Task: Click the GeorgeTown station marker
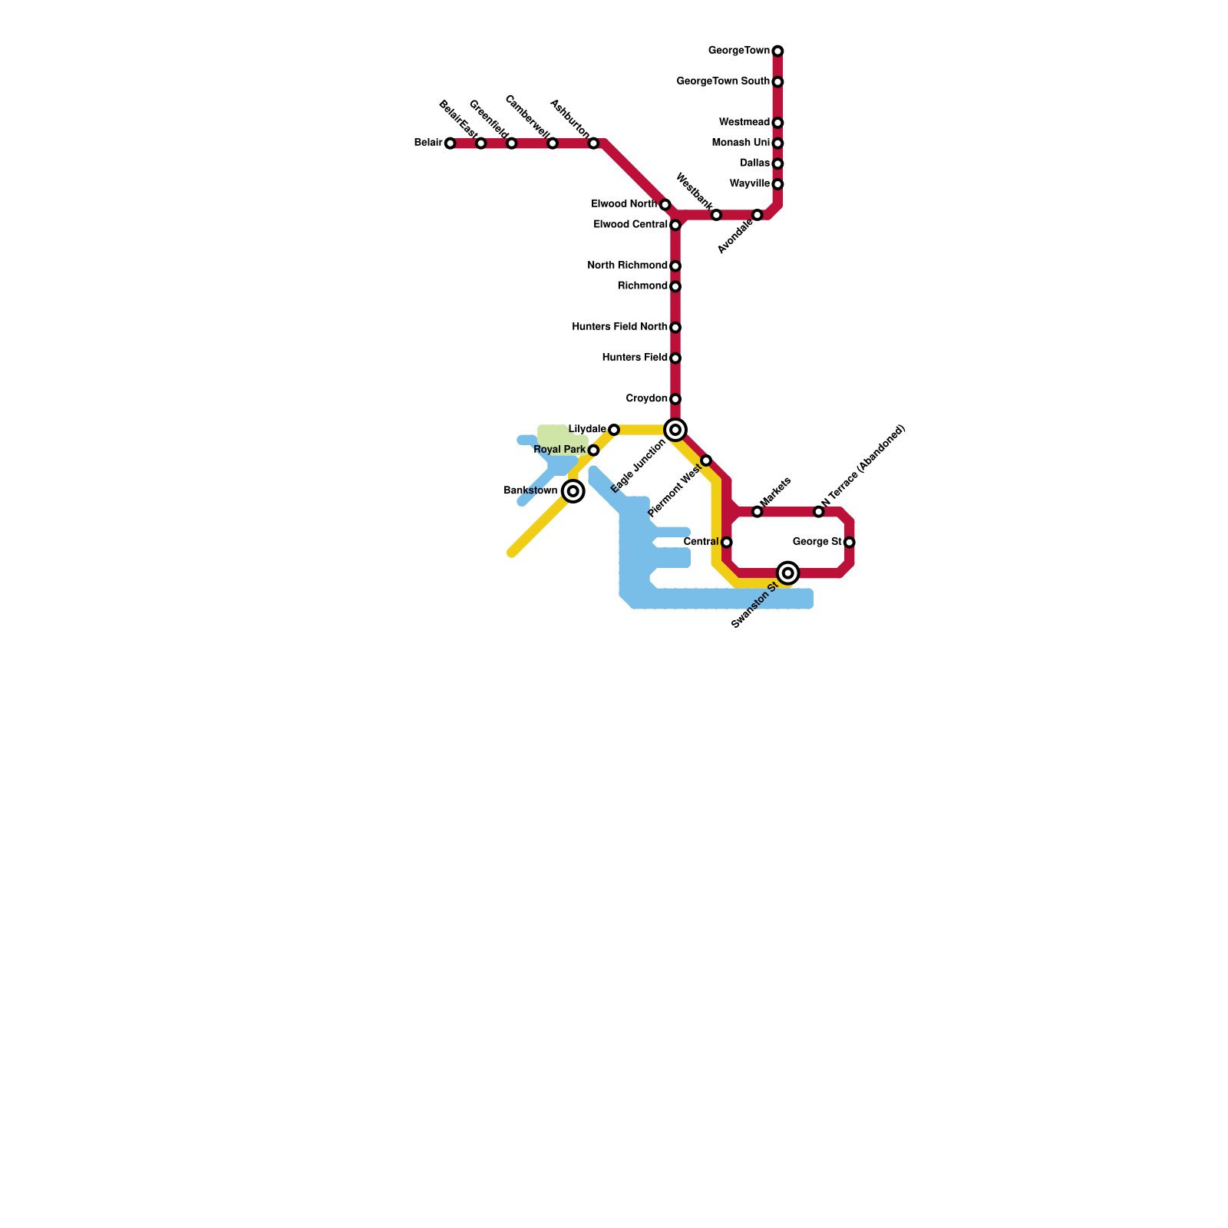(777, 51)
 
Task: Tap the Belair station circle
(451, 144)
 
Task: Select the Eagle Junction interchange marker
(675, 430)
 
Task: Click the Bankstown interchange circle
(573, 491)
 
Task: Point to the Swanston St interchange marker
(787, 573)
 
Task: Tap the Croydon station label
(646, 399)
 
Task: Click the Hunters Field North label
(619, 327)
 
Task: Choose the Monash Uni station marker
(777, 144)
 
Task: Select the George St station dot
(849, 543)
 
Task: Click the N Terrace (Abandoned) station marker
(818, 512)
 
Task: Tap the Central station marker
(726, 543)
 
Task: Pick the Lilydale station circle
(614, 430)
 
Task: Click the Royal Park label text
(560, 450)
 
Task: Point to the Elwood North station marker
(665, 205)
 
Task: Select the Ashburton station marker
(593, 144)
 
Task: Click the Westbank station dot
(716, 215)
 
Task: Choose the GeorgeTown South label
(723, 81)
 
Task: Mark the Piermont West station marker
(706, 460)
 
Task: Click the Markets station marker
(757, 512)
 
